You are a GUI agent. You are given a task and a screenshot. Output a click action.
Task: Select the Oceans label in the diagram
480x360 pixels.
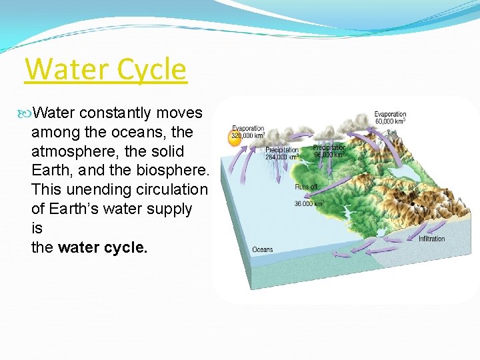point(262,250)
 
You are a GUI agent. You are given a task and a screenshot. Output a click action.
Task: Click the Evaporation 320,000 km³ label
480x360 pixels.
point(248,132)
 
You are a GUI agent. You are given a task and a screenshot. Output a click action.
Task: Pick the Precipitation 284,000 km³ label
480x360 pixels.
point(282,154)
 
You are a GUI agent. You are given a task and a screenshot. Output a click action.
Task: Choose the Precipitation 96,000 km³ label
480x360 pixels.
point(329,151)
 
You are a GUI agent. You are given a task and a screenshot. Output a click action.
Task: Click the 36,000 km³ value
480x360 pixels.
point(309,203)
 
